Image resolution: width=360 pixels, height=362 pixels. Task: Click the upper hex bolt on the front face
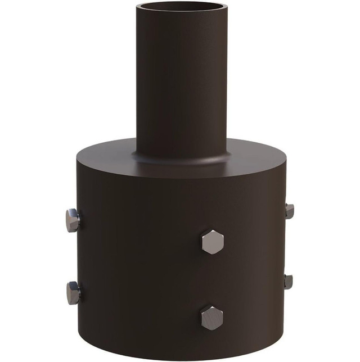[x=212, y=242]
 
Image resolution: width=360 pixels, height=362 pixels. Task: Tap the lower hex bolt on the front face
[x=212, y=318]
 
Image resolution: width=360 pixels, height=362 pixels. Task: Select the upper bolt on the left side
[x=73, y=220]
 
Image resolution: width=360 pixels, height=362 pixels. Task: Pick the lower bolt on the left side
[x=73, y=292]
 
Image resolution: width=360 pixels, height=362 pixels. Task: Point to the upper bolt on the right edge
[x=289, y=211]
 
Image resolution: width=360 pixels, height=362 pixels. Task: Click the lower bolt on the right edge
[x=289, y=282]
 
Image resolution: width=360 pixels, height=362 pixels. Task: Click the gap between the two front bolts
[x=212, y=280]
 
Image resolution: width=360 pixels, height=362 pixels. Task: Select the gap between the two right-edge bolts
[x=287, y=246]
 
